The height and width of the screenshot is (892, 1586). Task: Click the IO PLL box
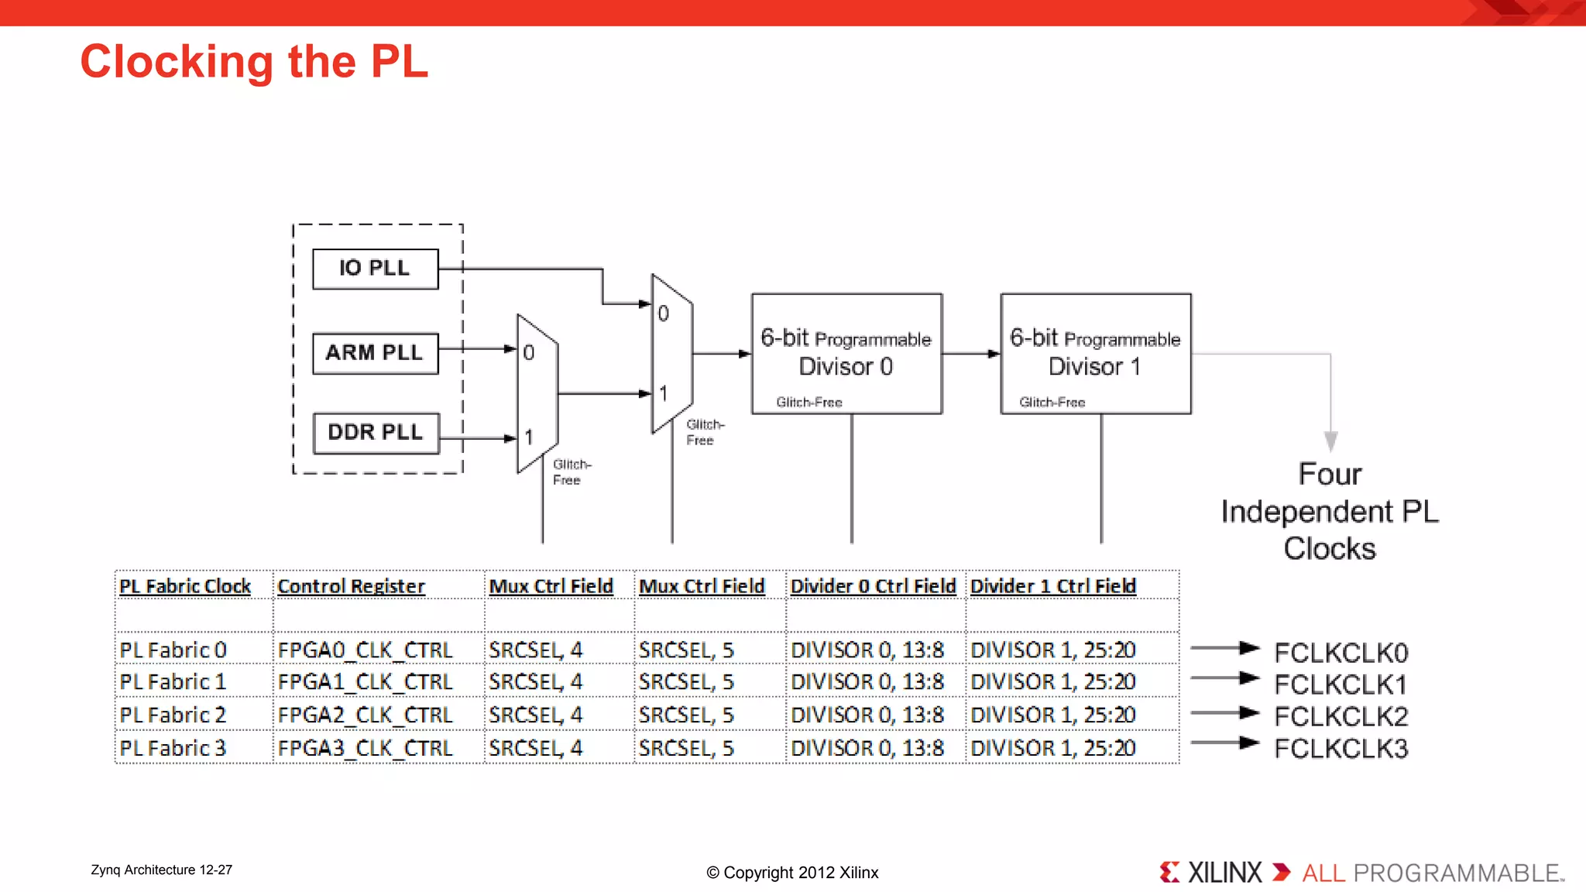coord(375,269)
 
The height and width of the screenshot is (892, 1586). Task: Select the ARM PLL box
coord(375,353)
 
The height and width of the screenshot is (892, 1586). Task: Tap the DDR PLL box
coord(376,433)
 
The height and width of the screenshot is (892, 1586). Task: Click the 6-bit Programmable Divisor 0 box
coord(846,353)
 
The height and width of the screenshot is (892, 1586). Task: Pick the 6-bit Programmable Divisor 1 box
coord(1095,353)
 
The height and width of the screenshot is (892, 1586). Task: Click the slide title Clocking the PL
coord(254,62)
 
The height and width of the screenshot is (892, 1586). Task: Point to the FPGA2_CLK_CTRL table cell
coord(365,715)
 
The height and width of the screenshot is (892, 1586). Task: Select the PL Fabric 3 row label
coord(173,748)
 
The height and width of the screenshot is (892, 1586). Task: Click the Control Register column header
coord(351,586)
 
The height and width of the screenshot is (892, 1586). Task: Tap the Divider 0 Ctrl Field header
coord(873,586)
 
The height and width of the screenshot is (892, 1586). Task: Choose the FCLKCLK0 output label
coord(1341,653)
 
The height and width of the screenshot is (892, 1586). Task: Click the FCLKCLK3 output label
coord(1341,749)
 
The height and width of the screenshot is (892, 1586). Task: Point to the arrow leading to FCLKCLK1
coord(1225,678)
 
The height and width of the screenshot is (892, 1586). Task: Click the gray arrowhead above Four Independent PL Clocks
coord(1330,441)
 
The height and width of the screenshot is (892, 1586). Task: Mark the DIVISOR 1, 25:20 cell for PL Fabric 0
coord(1053,650)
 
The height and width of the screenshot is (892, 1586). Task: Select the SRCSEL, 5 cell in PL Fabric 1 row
coord(686,682)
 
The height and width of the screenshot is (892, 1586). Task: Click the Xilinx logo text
coord(1224,873)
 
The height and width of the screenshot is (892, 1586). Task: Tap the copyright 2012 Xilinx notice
coord(792,873)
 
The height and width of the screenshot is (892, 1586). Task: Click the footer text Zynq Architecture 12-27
coord(161,870)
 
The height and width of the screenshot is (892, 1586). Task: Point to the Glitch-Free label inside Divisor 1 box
coord(1052,402)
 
